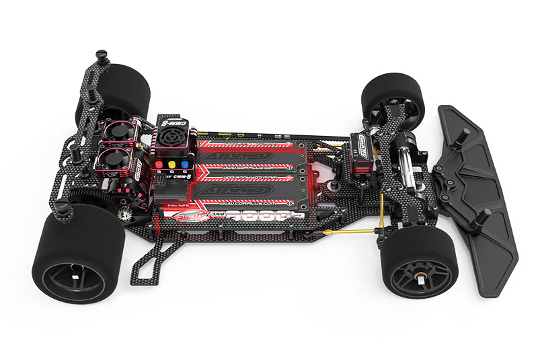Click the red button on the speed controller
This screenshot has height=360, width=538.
[x=159, y=164]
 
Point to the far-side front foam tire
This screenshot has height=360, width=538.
[x=393, y=100]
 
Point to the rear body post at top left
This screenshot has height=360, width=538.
[x=102, y=56]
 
